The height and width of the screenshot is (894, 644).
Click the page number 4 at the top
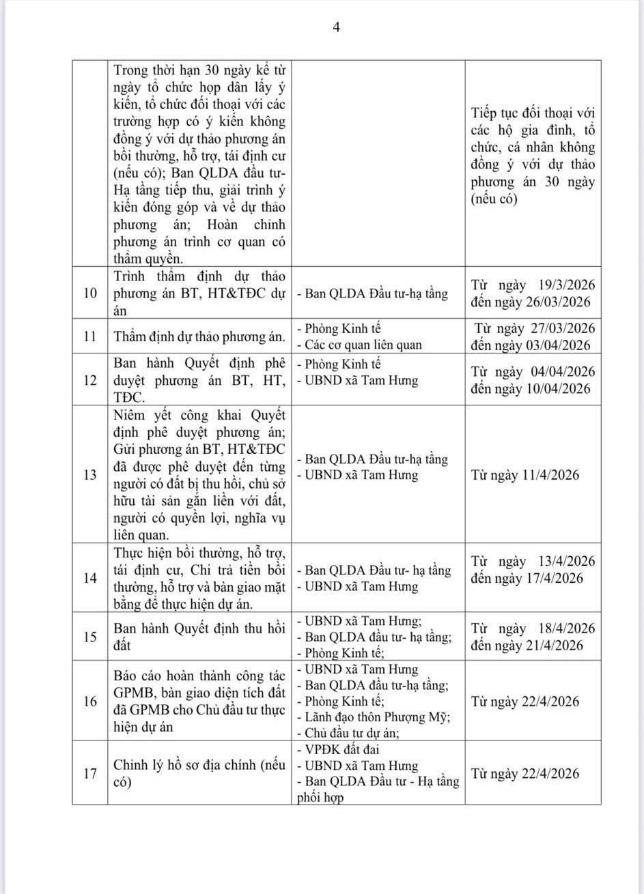click(336, 27)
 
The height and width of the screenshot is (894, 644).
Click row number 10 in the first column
click(89, 293)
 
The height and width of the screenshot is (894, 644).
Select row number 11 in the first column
click(89, 336)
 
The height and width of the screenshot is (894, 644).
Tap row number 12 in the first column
click(89, 380)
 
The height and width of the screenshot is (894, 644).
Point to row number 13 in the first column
click(89, 475)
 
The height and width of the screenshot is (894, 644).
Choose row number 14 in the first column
click(89, 578)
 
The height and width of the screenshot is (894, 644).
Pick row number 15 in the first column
click(89, 637)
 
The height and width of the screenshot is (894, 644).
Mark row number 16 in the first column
click(89, 701)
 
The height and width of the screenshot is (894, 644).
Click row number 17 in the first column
click(89, 773)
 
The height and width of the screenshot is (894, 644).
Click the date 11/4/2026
click(548, 475)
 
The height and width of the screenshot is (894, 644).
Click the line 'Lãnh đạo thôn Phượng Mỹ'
click(374, 717)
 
